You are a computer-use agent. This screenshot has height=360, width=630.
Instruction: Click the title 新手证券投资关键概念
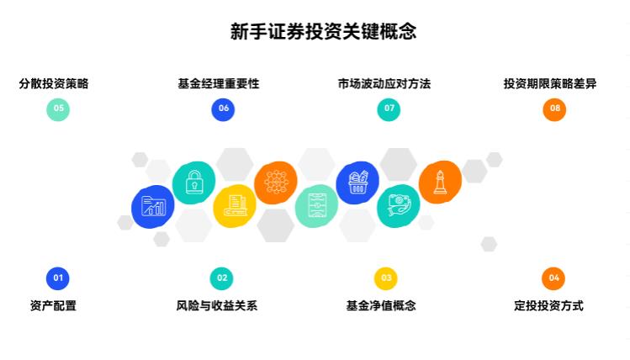click(324, 32)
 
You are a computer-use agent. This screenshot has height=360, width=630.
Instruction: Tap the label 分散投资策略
click(54, 83)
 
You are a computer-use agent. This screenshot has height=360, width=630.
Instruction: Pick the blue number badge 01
click(58, 278)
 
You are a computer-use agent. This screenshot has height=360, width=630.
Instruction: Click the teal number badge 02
click(222, 278)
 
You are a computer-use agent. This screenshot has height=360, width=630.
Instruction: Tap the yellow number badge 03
click(386, 278)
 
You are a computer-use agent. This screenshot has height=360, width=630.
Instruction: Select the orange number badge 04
click(553, 278)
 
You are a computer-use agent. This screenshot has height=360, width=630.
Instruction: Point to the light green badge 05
click(58, 109)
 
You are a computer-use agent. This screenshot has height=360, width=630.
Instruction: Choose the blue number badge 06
click(223, 109)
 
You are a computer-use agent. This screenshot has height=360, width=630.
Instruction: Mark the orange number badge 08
click(554, 109)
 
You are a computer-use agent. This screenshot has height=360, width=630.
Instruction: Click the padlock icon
click(194, 181)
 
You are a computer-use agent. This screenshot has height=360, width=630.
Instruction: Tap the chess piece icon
click(440, 182)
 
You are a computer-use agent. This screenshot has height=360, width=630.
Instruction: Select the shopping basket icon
click(357, 183)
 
